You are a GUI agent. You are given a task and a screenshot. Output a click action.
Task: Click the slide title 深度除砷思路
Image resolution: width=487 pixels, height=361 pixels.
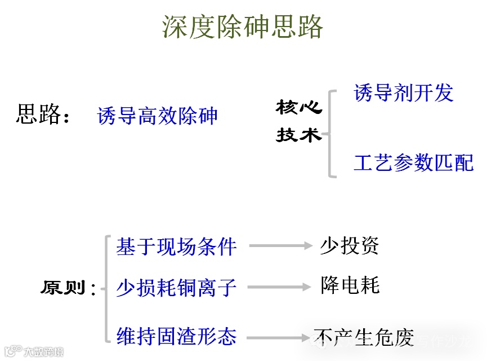tap(243, 26)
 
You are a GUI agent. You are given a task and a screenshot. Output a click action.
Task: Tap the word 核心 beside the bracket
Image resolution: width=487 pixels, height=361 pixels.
tap(298, 107)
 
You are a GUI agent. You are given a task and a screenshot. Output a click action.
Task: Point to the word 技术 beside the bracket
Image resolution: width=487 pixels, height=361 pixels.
tap(298, 135)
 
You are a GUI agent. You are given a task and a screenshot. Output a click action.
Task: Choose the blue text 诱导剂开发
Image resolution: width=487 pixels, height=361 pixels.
tap(403, 93)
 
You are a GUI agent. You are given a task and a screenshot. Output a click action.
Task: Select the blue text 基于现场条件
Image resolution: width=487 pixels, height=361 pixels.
tap(176, 246)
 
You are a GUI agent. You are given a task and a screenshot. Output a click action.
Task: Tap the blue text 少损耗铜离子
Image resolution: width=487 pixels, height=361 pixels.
tap(176, 288)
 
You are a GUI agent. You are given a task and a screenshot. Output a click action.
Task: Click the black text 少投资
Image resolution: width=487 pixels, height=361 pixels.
tap(350, 245)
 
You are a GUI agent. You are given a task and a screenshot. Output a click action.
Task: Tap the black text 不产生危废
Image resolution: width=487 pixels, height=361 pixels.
tap(364, 337)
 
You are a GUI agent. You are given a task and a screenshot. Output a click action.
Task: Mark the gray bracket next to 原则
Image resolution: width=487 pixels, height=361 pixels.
tap(106, 289)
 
